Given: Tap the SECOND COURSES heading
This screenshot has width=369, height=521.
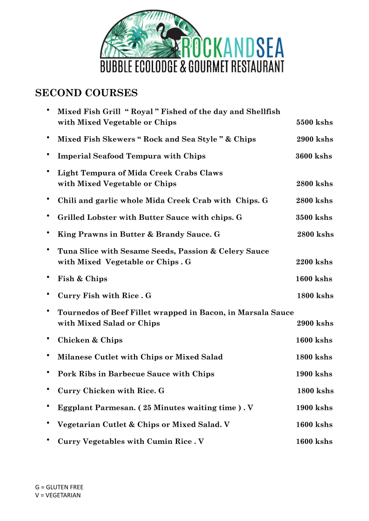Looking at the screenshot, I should [87, 93].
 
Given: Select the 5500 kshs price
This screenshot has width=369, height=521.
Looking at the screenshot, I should [315, 123].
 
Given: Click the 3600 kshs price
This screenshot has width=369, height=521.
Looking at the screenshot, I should [314, 156].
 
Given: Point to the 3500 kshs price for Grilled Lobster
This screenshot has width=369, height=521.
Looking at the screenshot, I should [314, 218].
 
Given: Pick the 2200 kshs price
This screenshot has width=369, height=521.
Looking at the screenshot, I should [314, 262].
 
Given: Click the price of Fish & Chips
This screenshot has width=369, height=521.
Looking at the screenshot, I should [314, 279].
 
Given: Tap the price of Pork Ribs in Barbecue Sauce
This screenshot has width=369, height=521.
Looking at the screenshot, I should [314, 374].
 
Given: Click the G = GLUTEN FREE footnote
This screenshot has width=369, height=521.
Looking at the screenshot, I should [59, 487].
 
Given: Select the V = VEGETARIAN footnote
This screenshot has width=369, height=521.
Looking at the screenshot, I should [58, 495].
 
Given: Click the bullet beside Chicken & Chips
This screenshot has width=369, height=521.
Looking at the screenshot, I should [48, 339].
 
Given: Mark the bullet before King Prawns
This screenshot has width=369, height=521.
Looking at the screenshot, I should [48, 233].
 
